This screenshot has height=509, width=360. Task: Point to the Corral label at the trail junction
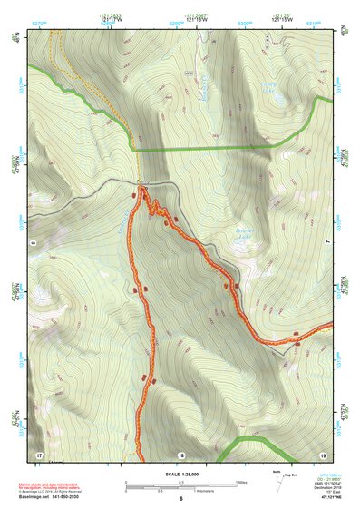(141, 183)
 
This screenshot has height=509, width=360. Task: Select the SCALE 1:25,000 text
(180, 475)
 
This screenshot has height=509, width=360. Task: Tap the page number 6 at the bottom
(180, 498)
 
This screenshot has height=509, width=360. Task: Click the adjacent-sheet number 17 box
(39, 453)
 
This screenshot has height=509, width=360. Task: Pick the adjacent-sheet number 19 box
(322, 453)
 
